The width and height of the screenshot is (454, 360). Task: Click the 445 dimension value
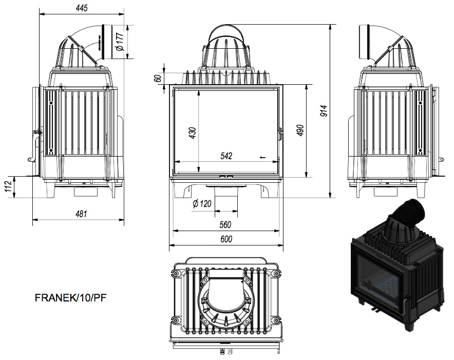(x=82, y=8)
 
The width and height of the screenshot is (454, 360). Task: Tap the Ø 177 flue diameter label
(x=120, y=42)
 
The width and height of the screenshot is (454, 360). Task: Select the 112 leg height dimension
(x=8, y=186)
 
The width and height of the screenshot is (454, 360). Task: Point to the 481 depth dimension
(x=81, y=214)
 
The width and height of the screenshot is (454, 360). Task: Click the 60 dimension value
(x=158, y=78)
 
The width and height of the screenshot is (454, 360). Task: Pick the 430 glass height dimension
(x=193, y=132)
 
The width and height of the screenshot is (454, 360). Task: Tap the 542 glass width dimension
(x=226, y=156)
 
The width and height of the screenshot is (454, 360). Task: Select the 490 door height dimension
(x=300, y=130)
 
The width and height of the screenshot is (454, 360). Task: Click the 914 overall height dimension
(x=324, y=111)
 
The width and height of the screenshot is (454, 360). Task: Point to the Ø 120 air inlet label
(x=202, y=203)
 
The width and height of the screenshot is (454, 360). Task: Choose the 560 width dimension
(x=225, y=224)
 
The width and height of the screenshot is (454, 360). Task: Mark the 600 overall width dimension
(x=226, y=239)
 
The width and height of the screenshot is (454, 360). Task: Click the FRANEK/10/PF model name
(x=71, y=297)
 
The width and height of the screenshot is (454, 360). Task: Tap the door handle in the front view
(x=280, y=134)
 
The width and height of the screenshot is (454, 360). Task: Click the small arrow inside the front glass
(x=262, y=157)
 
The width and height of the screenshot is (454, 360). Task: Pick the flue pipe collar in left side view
(x=105, y=42)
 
